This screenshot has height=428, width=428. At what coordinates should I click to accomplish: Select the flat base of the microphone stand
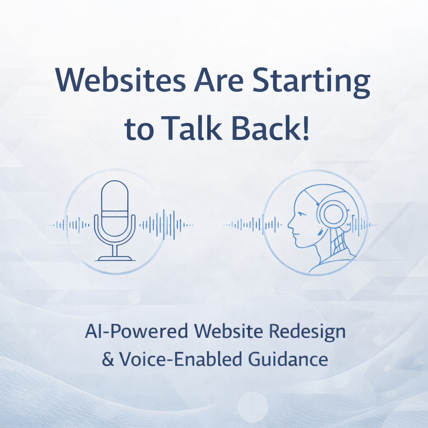[115, 259]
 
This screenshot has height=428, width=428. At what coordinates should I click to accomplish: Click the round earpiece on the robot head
[333, 214]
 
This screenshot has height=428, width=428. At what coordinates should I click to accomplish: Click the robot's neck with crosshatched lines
[337, 242]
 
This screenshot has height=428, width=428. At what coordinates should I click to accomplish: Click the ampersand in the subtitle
[108, 359]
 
